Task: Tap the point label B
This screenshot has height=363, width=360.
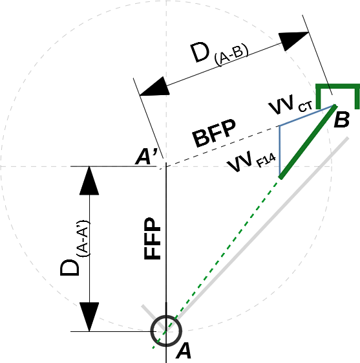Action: pyautogui.click(x=341, y=119)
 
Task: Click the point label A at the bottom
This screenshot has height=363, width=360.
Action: pyautogui.click(x=184, y=351)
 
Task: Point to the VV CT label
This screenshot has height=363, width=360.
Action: pyautogui.click(x=291, y=105)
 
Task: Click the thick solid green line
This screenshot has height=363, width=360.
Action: pyautogui.click(x=307, y=142)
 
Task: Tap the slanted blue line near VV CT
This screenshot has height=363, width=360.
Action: pyautogui.click(x=306, y=116)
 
